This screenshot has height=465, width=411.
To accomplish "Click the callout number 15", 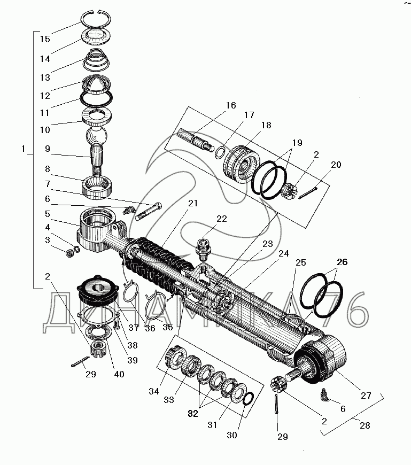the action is point(45,39).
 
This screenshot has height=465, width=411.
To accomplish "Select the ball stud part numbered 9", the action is point(96,149).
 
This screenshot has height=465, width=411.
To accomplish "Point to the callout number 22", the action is point(221,219).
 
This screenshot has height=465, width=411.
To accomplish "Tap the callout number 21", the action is point(193,203).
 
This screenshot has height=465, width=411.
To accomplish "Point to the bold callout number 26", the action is point(342,262).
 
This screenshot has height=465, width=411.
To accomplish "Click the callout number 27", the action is point(366,396).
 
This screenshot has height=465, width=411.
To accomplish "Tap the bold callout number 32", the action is point(193,413).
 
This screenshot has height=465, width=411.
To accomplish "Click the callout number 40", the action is point(119,374).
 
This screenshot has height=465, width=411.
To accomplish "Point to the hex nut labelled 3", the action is point(69,253).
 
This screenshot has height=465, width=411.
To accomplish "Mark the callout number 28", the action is point(365,425).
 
